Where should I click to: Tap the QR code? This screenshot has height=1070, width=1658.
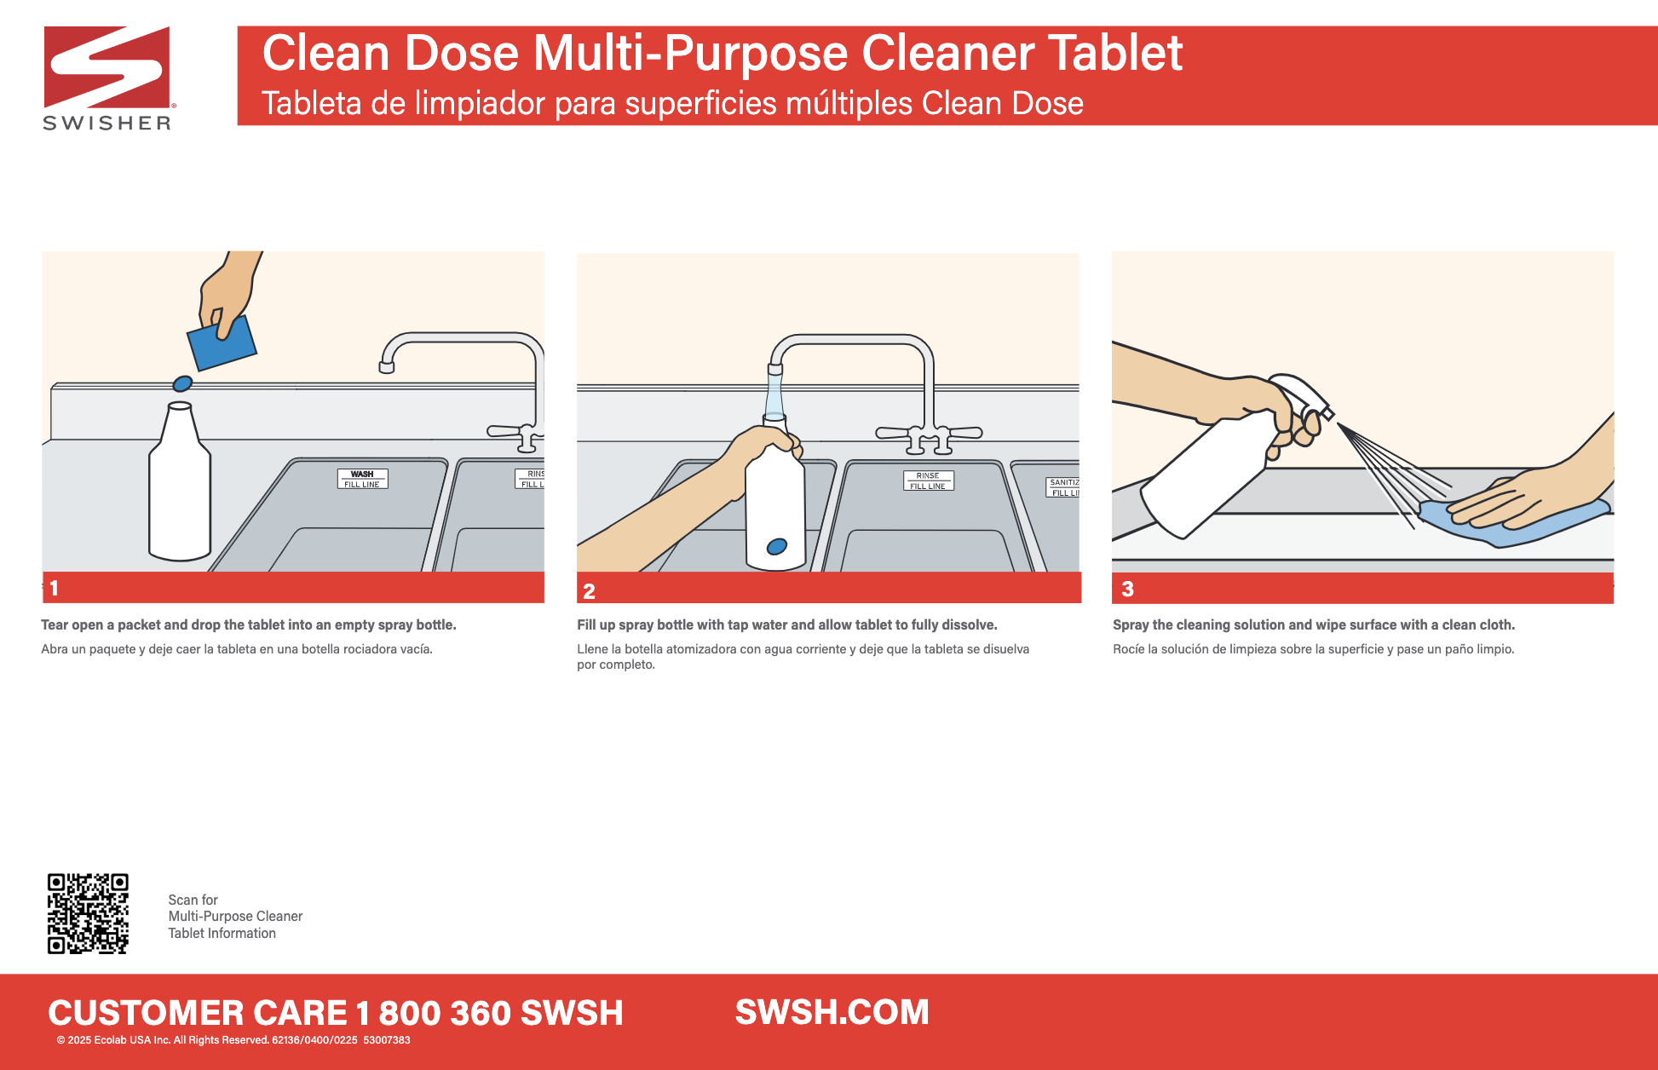[88, 913]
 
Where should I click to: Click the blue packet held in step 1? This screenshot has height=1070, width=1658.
[222, 343]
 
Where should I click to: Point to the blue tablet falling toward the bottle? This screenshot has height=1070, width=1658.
[182, 383]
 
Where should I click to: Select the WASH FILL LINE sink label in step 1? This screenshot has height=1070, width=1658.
[362, 479]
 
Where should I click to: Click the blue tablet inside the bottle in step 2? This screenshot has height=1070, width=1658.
[777, 546]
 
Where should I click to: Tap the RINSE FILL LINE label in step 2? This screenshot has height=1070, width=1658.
[928, 480]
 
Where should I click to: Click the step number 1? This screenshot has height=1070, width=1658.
[54, 588]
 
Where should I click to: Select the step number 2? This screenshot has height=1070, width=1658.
[589, 590]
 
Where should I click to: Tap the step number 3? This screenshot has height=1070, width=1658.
[1127, 589]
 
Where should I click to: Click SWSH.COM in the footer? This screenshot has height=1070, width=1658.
[832, 1012]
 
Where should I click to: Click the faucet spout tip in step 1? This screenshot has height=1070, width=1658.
[387, 367]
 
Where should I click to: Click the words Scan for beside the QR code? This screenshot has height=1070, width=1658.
[193, 900]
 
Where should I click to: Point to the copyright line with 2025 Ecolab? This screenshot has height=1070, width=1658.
[233, 1040]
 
